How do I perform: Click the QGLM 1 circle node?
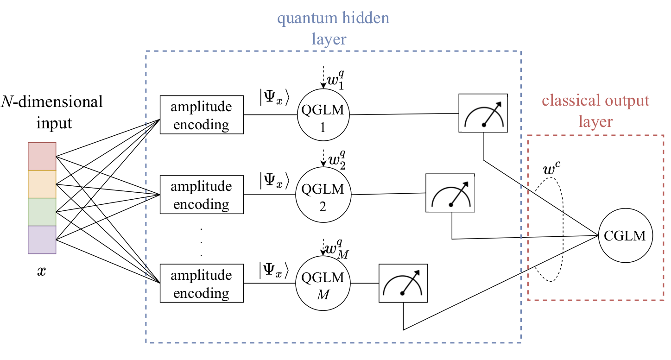click(323, 115)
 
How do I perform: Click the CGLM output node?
click(625, 236)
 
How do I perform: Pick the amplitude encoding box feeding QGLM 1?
click(202, 115)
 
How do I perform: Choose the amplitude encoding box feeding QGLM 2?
click(202, 195)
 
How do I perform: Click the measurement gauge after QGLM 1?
click(483, 113)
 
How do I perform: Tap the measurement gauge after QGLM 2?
click(450, 193)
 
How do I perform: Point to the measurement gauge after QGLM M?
click(403, 283)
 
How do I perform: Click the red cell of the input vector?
click(42, 157)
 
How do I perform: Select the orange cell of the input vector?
click(42, 184)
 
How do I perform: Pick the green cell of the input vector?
click(42, 212)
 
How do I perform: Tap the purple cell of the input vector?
click(42, 240)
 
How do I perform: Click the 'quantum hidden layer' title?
click(333, 29)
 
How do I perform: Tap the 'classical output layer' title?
click(595, 111)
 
